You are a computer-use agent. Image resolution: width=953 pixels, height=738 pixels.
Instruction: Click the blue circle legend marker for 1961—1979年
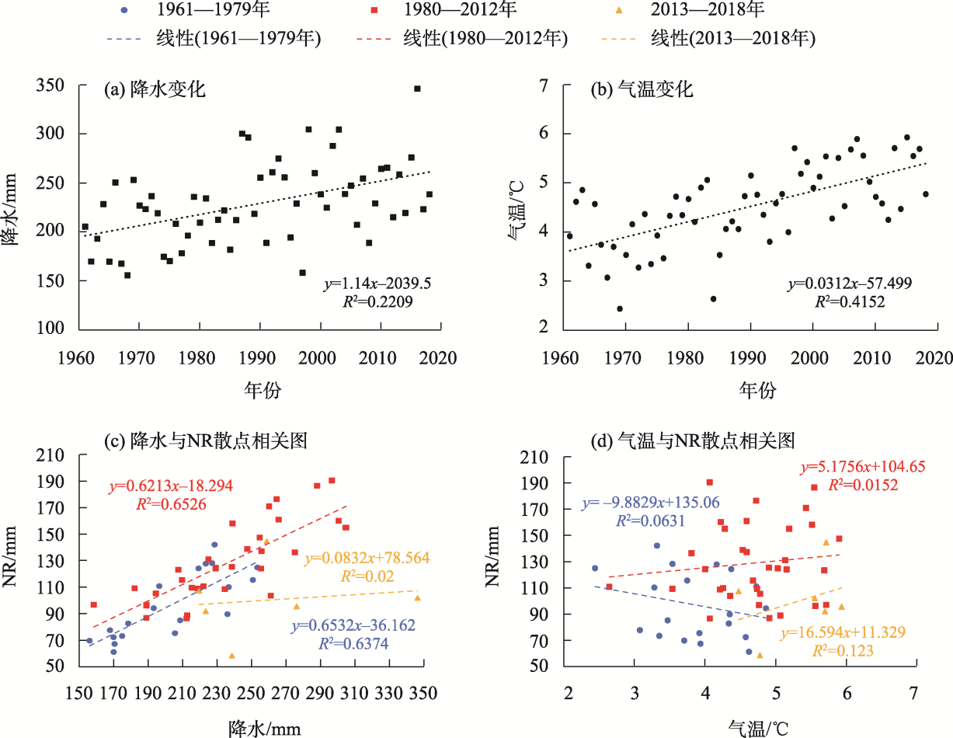pos(124,10)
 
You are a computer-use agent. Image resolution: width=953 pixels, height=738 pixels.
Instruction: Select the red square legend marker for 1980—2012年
pos(374,10)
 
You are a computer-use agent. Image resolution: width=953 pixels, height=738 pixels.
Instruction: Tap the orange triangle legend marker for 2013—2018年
pos(619,10)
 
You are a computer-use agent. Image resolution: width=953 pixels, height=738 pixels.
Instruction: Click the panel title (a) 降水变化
pos(155,89)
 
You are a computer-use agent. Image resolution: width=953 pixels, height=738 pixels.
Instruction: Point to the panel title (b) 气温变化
pos(642,89)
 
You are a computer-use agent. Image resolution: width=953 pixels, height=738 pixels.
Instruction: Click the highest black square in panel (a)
pos(418,89)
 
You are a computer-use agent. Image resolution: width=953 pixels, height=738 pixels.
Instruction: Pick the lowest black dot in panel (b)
pos(620,308)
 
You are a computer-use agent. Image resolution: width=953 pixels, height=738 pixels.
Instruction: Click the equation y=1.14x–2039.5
pos(377,284)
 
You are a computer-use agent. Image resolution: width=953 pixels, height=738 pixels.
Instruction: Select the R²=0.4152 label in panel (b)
pos(850,302)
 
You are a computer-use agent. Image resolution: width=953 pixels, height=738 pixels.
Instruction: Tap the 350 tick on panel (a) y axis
pos(50,85)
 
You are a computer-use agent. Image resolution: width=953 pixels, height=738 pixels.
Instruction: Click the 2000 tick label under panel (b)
pos(809,358)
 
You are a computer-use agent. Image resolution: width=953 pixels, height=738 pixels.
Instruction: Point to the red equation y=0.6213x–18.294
pos(171,486)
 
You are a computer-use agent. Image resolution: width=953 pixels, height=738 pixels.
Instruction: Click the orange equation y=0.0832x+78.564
pos(367,558)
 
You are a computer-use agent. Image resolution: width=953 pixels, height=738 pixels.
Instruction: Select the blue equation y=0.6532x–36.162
pos(353,625)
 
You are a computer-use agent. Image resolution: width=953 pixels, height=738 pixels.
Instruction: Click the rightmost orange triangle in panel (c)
pos(418,597)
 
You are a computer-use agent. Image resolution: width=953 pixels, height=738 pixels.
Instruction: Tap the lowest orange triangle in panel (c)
pos(232,656)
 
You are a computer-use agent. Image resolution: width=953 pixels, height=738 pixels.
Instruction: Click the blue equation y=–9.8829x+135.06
pos(651,503)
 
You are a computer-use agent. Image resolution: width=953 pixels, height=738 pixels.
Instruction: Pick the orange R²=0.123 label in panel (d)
pos(843,651)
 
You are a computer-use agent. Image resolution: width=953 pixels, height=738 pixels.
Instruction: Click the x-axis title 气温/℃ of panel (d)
pos(758,729)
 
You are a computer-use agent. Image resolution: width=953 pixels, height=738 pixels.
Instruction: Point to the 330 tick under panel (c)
pos(389,693)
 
